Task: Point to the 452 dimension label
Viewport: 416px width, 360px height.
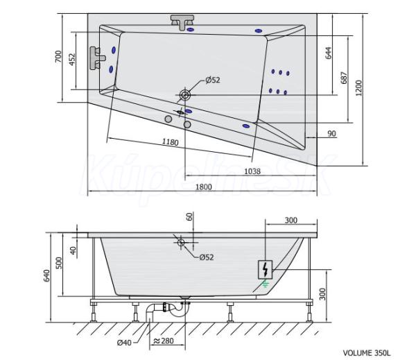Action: tap(72, 59)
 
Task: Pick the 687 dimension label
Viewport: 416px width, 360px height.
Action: tap(344, 78)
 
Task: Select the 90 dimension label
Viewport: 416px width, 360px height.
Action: tap(332, 134)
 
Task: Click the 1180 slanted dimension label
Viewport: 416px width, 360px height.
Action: tap(171, 142)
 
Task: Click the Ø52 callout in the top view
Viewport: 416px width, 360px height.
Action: tap(212, 80)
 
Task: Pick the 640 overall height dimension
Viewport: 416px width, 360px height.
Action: tap(47, 276)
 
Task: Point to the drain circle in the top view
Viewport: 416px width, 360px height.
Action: tap(186, 94)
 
